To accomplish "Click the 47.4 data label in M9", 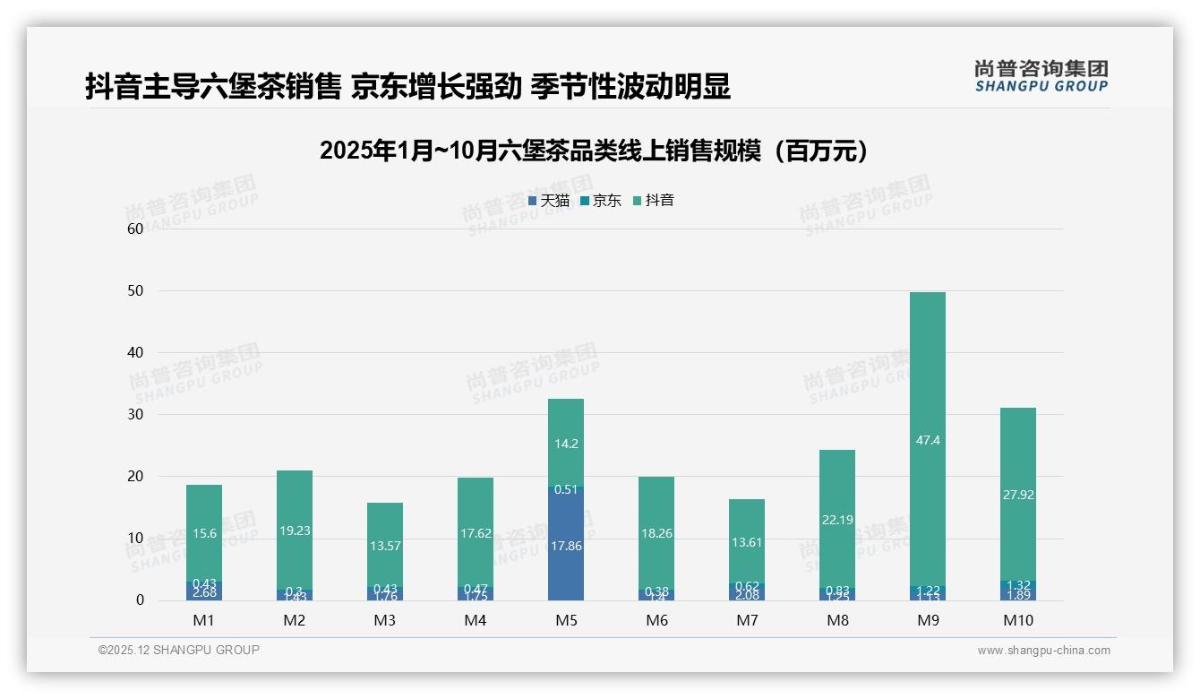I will (x=928, y=441).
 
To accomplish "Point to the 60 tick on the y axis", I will (x=135, y=229).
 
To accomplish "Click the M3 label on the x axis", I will (x=384, y=620).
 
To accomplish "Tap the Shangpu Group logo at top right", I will (x=1041, y=75).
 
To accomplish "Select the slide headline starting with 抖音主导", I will (x=407, y=86).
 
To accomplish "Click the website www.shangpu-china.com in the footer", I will (x=1043, y=651).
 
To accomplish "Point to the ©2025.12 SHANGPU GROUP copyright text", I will (x=178, y=651).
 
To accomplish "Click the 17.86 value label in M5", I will (x=565, y=546).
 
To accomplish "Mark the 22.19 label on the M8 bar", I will (x=837, y=520).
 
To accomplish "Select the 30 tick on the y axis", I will (x=135, y=415).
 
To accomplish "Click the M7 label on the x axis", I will (x=747, y=620).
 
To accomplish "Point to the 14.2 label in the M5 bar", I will (x=565, y=444).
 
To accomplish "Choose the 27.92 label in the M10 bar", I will (x=1018, y=495).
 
